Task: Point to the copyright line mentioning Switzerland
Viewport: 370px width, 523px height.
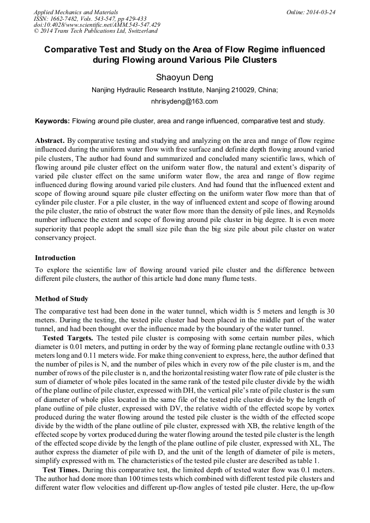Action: (96, 31)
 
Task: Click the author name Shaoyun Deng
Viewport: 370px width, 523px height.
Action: (184, 77)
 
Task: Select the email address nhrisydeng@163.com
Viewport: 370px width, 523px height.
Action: (184, 101)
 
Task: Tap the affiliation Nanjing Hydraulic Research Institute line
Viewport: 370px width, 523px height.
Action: (184, 90)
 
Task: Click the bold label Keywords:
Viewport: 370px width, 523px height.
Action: (52, 121)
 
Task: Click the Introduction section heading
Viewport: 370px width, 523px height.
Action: (55, 257)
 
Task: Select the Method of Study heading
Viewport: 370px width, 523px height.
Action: (61, 298)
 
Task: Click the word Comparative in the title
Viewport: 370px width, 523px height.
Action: (73, 50)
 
